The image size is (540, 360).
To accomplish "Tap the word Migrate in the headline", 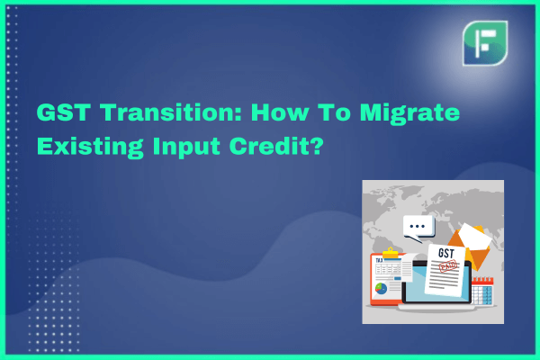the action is pos(409,114).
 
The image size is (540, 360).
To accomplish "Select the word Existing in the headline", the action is pos(90,148).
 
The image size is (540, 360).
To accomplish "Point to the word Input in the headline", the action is pos(186,148).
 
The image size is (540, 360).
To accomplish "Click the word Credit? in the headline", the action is pos(276,146).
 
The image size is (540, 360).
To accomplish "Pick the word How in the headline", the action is pos(280,112).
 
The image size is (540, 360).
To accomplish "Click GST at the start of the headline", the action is pos(64,112).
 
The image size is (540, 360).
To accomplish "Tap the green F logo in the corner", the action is pos(485,43).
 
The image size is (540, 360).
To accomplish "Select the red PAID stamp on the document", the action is pos(448,265).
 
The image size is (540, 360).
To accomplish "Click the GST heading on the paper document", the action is pos(446,254).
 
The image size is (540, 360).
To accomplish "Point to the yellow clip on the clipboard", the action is pos(391,253).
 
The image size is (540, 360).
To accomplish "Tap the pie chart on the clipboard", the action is pos(381,288).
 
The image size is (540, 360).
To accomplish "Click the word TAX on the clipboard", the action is pos(379,261).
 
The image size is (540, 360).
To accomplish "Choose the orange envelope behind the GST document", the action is pos(470,247).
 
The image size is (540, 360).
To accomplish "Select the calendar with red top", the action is pos(482,291).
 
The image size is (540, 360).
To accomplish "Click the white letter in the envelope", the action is pos(475,236).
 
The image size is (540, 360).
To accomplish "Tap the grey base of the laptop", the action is pos(436,308).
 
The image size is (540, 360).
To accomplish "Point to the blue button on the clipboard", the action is pos(398,278).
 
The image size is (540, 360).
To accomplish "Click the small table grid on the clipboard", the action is pos(388,269).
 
